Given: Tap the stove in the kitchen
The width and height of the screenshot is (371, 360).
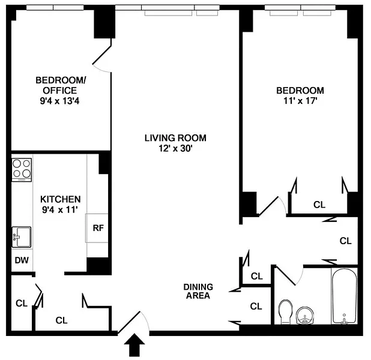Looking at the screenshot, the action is point(22,170).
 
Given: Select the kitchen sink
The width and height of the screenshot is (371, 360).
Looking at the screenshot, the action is point(21,237).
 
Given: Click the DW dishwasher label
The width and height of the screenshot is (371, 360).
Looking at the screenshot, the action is point(22,260).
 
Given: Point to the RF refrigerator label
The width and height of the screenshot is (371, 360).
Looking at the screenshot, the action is point(98,228).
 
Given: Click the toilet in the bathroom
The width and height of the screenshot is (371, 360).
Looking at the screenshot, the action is point(286,312).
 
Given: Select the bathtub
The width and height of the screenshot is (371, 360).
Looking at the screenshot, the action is point(344,296).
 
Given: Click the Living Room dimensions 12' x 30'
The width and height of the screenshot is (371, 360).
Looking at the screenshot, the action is point(175,149).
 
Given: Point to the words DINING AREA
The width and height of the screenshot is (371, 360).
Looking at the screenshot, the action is point(198,291).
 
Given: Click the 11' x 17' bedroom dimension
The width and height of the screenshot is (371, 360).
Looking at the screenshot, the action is point(300,101).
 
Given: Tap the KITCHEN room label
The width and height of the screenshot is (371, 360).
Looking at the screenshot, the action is point(61,199).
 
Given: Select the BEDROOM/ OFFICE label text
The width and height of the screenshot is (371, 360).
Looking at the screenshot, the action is point(61,85).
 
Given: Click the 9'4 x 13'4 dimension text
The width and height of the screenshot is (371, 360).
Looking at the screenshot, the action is point(59,101).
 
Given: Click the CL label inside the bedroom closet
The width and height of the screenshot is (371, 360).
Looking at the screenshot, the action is point(319,205).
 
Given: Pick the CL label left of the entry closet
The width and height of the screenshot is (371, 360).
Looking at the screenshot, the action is point(22,303).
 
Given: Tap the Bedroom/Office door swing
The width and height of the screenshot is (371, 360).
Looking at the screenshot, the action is point(101,59).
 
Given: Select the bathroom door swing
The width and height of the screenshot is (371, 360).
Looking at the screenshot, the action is point(289,275).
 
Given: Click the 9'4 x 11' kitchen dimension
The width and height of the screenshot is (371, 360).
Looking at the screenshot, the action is point(60,210).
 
